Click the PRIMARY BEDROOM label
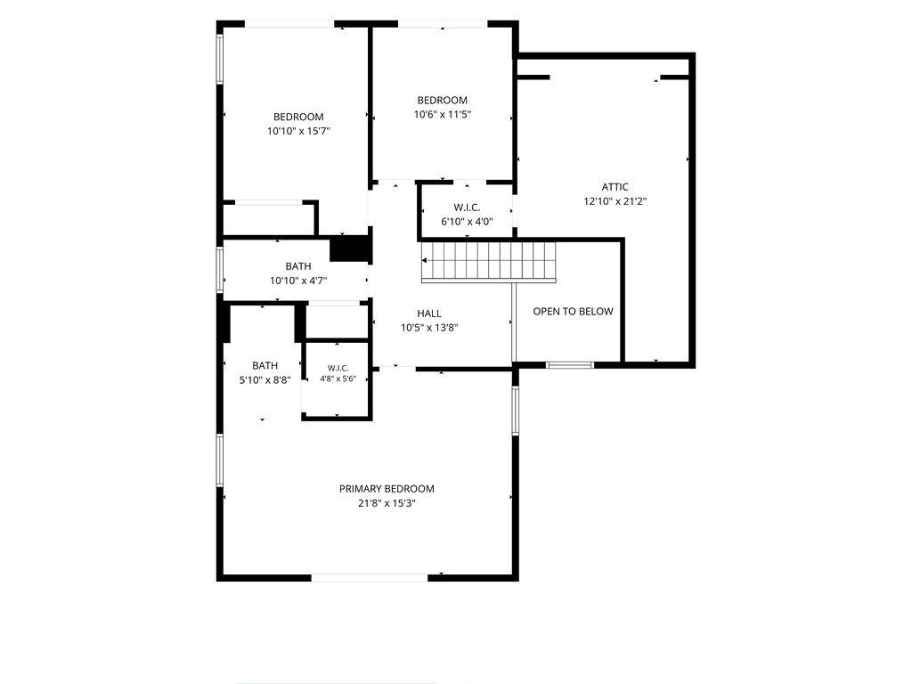click(x=387, y=489)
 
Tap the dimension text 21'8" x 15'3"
click(x=387, y=503)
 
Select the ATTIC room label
click(x=615, y=187)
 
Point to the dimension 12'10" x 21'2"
click(x=615, y=201)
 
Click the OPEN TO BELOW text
click(x=573, y=311)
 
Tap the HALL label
click(x=429, y=313)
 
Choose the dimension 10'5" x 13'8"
click(x=429, y=328)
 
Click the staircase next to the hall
click(x=489, y=262)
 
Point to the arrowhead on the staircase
click(x=425, y=261)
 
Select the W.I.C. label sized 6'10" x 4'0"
click(x=467, y=207)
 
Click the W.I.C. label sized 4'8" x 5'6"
click(x=338, y=368)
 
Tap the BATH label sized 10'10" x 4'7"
click(x=298, y=266)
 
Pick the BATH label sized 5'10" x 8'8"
click(x=265, y=366)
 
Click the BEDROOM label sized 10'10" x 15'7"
click(x=298, y=117)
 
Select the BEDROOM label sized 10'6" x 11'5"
click(x=442, y=100)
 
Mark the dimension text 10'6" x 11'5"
click(x=442, y=115)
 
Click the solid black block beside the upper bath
click(x=350, y=248)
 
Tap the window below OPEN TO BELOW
click(x=570, y=364)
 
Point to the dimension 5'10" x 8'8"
click(x=265, y=380)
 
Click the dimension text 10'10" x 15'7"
click(x=298, y=132)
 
